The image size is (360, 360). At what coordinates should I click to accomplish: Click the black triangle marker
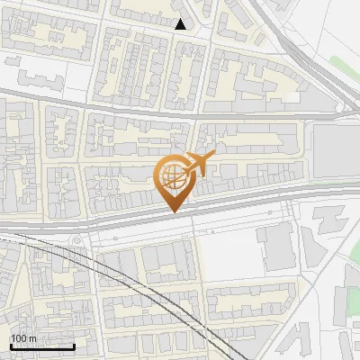(x=181, y=24)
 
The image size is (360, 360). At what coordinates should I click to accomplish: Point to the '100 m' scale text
(x=23, y=338)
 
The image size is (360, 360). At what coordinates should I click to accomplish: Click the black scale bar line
(x=42, y=346)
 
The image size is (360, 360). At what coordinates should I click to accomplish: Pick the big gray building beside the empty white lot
(x=276, y=247)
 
